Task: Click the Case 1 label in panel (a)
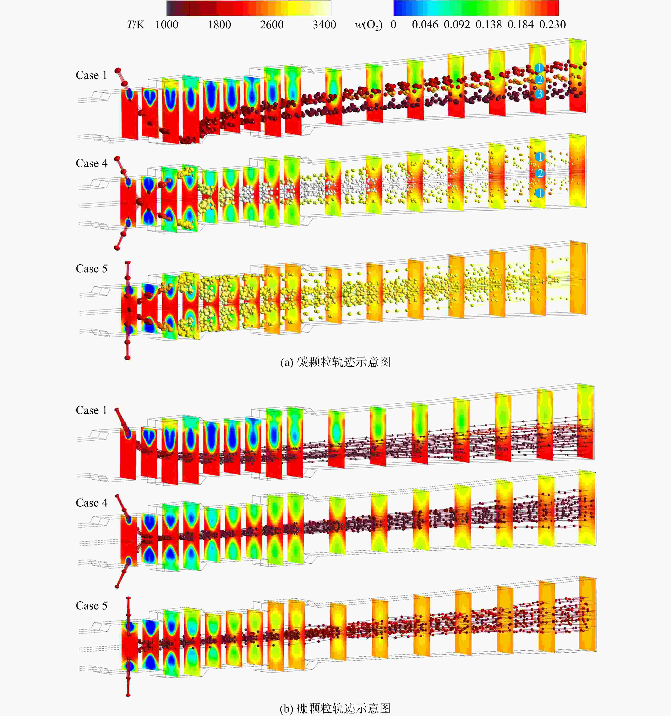[x=91, y=75]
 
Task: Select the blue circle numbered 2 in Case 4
[x=540, y=174]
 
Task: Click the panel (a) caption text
[x=335, y=362]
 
